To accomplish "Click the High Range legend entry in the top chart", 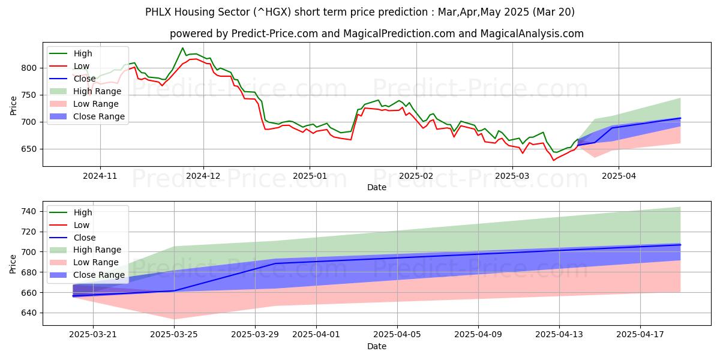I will [x=97, y=91].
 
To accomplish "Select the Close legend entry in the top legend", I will [x=84, y=79].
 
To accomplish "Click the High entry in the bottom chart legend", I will [x=83, y=212].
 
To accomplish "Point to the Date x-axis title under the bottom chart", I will [x=376, y=347].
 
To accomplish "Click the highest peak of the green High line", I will [x=182, y=48].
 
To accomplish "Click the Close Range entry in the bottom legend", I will [x=98, y=275].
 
